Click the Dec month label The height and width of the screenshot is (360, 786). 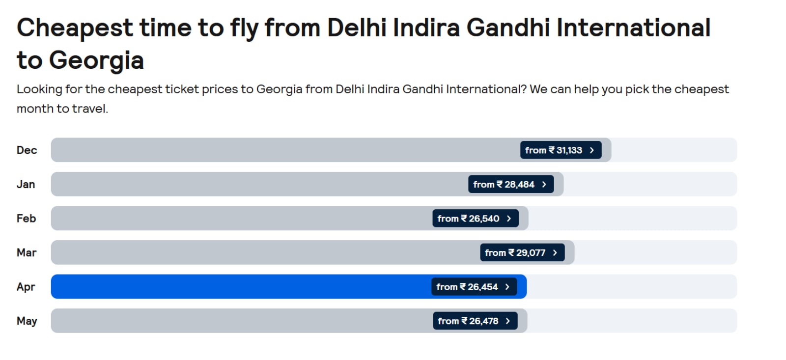pyautogui.click(x=27, y=150)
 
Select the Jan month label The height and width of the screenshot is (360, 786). pyautogui.click(x=26, y=185)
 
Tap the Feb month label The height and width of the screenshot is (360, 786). pyautogui.click(x=26, y=219)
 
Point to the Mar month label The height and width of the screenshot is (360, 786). pyautogui.click(x=27, y=253)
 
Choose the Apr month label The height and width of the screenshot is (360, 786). pyautogui.click(x=26, y=287)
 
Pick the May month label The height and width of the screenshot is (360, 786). pyautogui.click(x=27, y=321)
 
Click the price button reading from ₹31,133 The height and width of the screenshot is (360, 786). pyautogui.click(x=561, y=150)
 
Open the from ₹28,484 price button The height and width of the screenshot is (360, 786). pyautogui.click(x=510, y=185)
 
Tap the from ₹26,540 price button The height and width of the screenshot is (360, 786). pyautogui.click(x=475, y=219)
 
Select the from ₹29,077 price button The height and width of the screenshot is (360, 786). pyautogui.click(x=522, y=253)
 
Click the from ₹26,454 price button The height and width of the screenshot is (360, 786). pyautogui.click(x=474, y=287)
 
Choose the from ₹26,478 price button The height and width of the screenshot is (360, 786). pyautogui.click(x=475, y=321)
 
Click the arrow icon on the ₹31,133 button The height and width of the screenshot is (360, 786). pyautogui.click(x=592, y=150)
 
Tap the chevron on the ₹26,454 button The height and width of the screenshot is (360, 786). pyautogui.click(x=507, y=287)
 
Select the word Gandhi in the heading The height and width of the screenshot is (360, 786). pyautogui.click(x=507, y=28)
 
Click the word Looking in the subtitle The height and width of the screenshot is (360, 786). pyautogui.click(x=39, y=89)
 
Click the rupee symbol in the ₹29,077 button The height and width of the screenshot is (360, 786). pyautogui.click(x=511, y=252)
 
